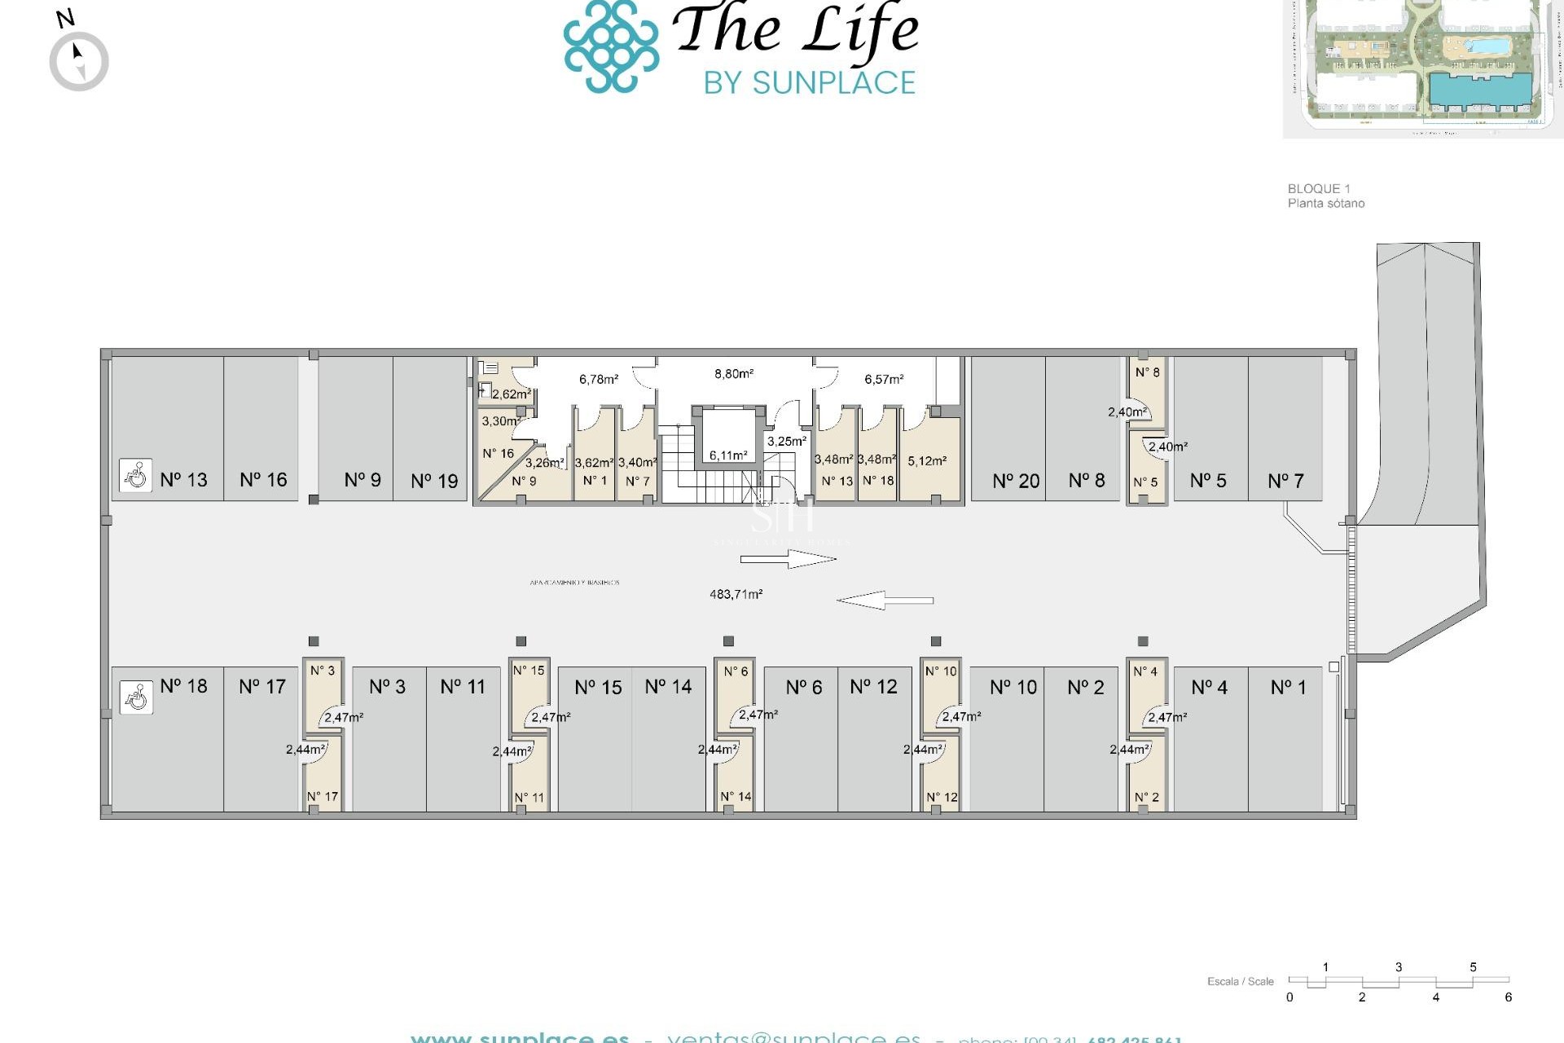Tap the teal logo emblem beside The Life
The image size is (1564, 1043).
click(611, 46)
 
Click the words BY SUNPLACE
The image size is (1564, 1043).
click(810, 83)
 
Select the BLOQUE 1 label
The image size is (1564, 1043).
click(1318, 188)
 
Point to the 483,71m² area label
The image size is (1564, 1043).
click(736, 595)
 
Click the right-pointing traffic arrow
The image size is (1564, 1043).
click(788, 559)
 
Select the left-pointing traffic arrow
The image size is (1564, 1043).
click(885, 601)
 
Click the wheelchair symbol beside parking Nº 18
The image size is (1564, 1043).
click(136, 698)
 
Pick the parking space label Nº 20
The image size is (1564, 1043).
click(1016, 482)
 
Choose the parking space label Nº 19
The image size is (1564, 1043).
click(434, 482)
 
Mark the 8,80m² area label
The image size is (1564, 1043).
click(734, 374)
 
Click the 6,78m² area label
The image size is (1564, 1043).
click(599, 379)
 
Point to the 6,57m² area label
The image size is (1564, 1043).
click(884, 379)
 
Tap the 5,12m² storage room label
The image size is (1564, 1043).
click(927, 461)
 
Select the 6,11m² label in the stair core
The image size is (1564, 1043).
click(727, 455)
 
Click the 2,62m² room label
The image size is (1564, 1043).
click(511, 394)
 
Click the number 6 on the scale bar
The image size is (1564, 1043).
click(1508, 997)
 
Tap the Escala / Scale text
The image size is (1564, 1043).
click(1240, 981)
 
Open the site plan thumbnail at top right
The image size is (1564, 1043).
click(1422, 67)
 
